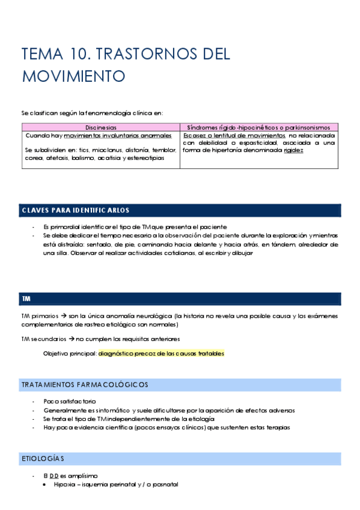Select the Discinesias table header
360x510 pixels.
click(100, 127)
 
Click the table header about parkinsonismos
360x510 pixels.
click(263, 127)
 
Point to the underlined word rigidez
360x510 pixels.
click(293, 150)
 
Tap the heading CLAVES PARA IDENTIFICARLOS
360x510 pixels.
click(75, 210)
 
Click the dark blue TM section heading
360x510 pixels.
click(26, 298)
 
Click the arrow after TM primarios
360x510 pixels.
click(62, 316)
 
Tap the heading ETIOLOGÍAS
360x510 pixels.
click(43, 459)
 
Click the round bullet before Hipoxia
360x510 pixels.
click(46, 485)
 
